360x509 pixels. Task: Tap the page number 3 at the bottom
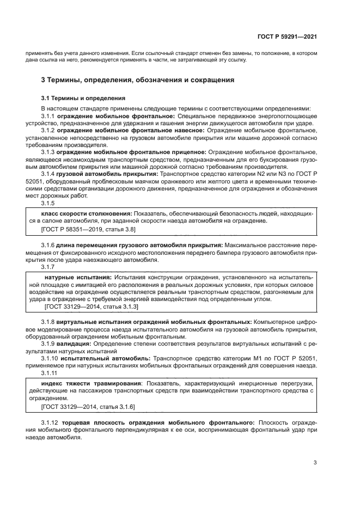(315, 463)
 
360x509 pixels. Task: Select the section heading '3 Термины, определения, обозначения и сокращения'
(138, 80)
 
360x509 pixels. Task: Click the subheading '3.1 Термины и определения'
(83, 99)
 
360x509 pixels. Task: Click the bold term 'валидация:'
(74, 344)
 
